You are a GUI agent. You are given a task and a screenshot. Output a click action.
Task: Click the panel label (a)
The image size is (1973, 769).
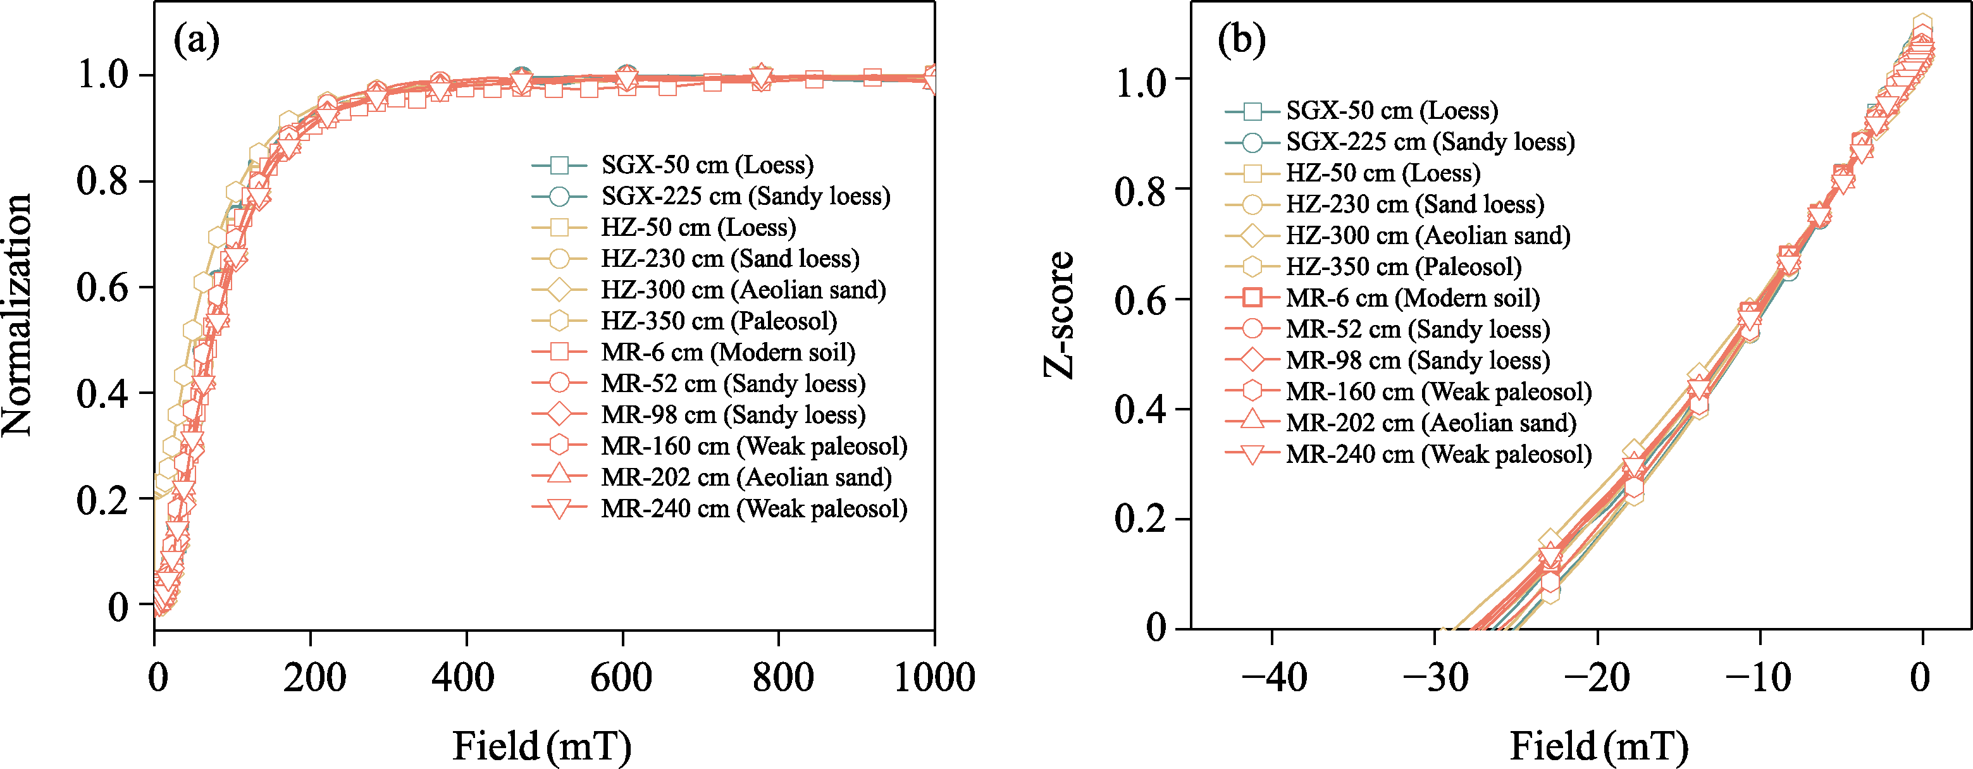pos(196,40)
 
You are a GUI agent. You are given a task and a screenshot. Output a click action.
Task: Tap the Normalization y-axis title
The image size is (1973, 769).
pos(17,315)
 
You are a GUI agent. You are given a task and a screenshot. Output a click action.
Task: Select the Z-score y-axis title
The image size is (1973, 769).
pos(1060,315)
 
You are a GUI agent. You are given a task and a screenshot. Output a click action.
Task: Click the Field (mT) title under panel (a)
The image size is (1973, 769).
pos(541,745)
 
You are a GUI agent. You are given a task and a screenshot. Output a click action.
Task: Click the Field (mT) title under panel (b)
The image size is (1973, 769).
pos(1599,745)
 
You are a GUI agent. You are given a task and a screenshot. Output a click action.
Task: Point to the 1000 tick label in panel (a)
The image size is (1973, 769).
pos(934,678)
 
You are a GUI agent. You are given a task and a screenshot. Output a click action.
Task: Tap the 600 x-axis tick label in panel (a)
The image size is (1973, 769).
pos(621,678)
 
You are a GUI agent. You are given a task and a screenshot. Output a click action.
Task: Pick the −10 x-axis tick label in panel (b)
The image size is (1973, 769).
pos(1759,678)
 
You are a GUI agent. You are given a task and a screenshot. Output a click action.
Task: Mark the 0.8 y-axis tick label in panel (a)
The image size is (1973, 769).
pos(102,181)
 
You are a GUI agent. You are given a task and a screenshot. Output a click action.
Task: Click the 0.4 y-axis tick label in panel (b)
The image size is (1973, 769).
pos(1141,409)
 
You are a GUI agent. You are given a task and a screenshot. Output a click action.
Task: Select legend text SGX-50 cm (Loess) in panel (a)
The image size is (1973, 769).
pos(707,164)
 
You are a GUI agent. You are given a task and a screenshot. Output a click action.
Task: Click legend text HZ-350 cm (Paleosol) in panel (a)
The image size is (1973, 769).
pos(719,321)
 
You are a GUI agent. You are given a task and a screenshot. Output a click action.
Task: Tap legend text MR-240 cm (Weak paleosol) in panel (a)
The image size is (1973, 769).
pos(753,508)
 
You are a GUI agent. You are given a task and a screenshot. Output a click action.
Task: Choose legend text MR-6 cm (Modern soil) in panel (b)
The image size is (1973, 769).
pos(1413,298)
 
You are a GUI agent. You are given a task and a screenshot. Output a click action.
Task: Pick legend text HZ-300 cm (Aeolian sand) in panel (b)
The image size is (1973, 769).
pos(1428,235)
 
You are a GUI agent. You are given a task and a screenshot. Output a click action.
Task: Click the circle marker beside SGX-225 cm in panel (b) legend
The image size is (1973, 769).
pos(1252,142)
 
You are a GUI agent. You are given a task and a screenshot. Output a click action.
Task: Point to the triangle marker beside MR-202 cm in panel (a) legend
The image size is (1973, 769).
pos(559,476)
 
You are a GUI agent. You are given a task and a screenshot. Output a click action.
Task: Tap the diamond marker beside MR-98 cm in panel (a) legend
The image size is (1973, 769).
pos(559,414)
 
